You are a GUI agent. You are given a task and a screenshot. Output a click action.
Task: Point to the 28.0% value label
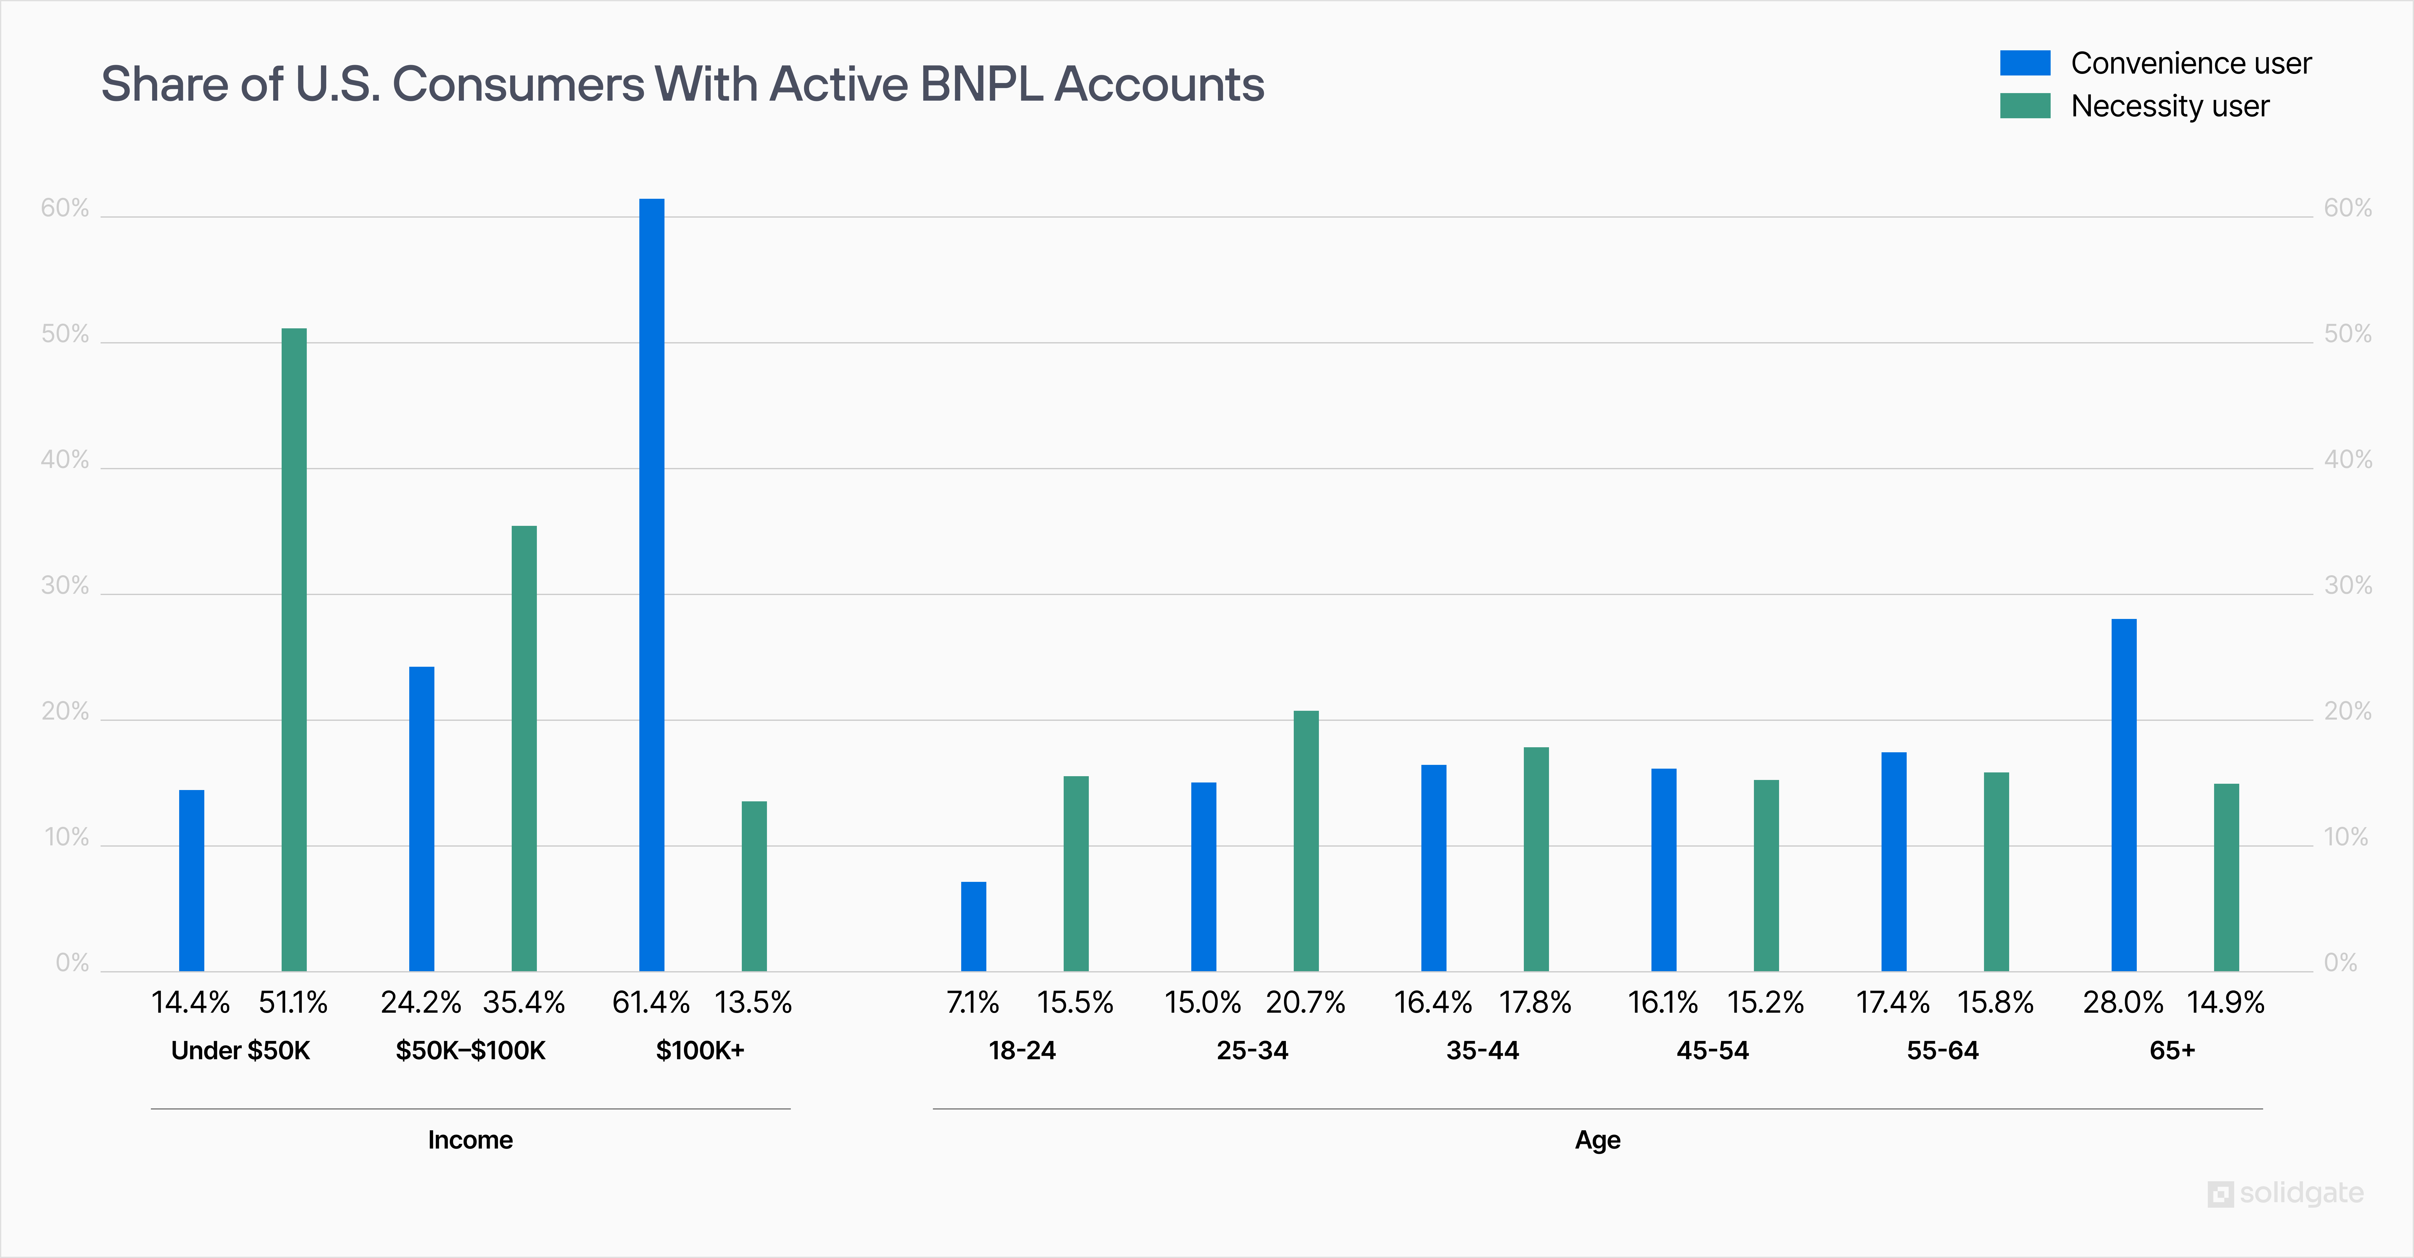(x=2123, y=1002)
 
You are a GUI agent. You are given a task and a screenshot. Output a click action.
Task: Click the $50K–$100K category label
(x=471, y=1050)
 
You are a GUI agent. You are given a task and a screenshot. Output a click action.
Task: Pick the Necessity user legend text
(x=2169, y=106)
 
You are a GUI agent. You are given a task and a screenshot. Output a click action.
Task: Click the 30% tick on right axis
(x=2347, y=586)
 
